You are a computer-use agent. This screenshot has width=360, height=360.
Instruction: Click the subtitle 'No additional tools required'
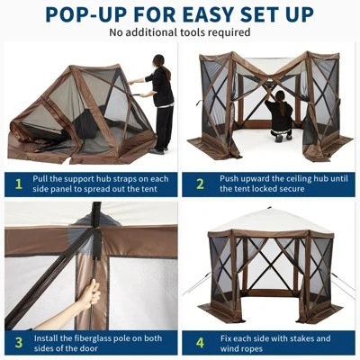[179, 32]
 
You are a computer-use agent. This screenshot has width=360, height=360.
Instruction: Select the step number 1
[17, 184]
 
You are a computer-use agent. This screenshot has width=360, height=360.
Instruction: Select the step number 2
[200, 184]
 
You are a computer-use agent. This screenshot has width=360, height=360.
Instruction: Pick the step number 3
[17, 343]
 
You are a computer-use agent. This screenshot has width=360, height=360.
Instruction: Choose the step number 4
[200, 343]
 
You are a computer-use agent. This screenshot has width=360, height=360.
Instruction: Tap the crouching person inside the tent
[281, 115]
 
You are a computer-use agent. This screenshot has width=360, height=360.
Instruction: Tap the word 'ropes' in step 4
[256, 349]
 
